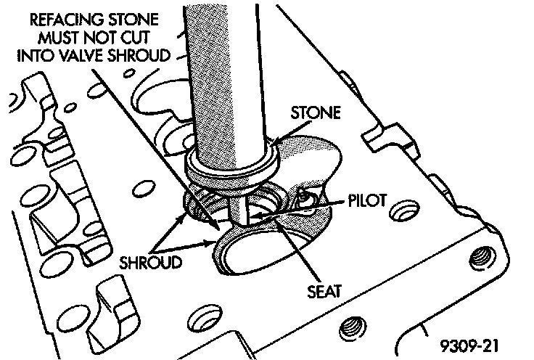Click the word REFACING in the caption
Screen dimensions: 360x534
[x=53, y=17]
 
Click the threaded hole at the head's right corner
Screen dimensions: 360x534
[x=480, y=256]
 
